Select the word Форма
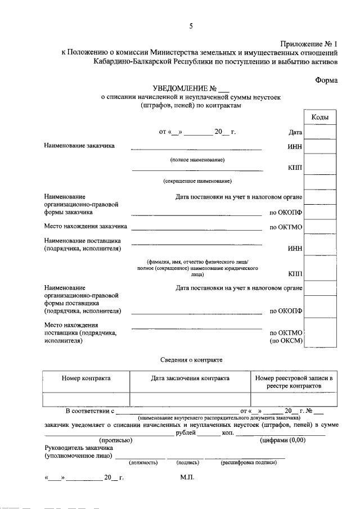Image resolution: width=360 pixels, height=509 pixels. [x=326, y=80]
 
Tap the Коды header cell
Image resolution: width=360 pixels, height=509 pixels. [x=320, y=118]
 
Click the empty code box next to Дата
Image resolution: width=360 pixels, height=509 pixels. [x=320, y=132]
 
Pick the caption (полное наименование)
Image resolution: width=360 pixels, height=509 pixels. [x=197, y=160]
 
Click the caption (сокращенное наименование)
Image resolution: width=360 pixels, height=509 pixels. [x=197, y=181]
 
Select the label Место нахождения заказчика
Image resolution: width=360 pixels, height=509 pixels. [x=85, y=227]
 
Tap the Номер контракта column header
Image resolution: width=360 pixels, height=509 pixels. [x=86, y=379]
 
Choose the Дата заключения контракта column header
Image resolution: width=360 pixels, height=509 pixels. [x=190, y=379]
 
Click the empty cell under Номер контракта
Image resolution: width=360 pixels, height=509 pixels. [x=86, y=399]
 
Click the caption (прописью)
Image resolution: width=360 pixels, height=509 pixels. [x=115, y=440]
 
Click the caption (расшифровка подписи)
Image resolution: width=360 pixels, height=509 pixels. [x=249, y=463]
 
